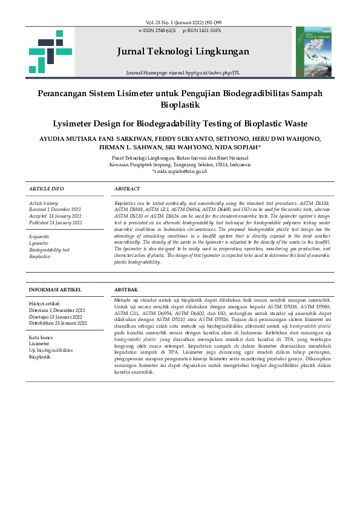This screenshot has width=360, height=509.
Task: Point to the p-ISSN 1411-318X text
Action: click(x=201, y=30)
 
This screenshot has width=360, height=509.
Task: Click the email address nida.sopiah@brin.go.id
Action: click(x=181, y=171)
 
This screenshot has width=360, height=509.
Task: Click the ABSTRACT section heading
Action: click(x=127, y=189)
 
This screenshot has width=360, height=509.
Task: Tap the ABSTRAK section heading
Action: click(x=126, y=290)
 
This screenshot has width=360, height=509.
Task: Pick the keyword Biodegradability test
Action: click(x=50, y=250)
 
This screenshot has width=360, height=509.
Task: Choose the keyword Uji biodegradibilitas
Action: click(x=51, y=350)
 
